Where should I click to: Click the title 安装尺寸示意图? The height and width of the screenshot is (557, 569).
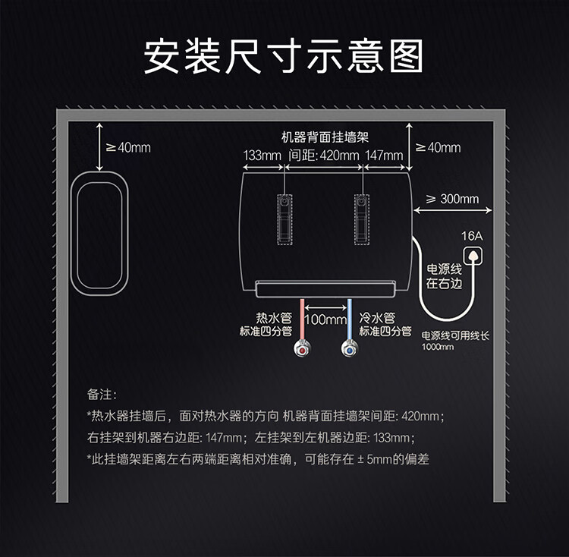point(284,57)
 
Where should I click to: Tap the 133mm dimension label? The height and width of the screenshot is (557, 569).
point(262,156)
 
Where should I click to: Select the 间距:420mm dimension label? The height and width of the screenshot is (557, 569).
point(324,156)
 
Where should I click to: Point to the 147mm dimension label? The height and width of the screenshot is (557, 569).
point(384,156)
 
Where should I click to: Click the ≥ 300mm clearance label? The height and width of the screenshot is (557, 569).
point(452,199)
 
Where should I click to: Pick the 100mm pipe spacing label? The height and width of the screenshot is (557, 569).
point(325,319)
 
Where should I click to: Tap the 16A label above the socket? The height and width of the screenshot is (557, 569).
point(472,236)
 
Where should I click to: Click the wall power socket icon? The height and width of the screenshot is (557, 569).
point(472,255)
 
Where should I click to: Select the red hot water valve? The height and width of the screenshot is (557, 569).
point(302,350)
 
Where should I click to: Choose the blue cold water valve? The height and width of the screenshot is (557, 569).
point(350,350)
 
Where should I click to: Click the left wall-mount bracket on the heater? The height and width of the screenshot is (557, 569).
point(284,218)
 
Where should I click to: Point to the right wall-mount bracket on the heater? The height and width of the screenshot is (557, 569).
point(362,218)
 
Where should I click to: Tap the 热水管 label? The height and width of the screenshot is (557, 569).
point(275,318)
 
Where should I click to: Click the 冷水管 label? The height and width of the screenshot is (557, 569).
point(377,318)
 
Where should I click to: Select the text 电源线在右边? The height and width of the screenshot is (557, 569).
point(443,276)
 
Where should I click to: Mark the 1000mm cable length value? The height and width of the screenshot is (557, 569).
point(438,347)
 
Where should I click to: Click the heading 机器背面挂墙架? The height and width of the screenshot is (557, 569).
point(324,138)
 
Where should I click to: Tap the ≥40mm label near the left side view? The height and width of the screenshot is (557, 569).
point(128,146)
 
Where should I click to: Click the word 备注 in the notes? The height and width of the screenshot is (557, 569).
point(100,395)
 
